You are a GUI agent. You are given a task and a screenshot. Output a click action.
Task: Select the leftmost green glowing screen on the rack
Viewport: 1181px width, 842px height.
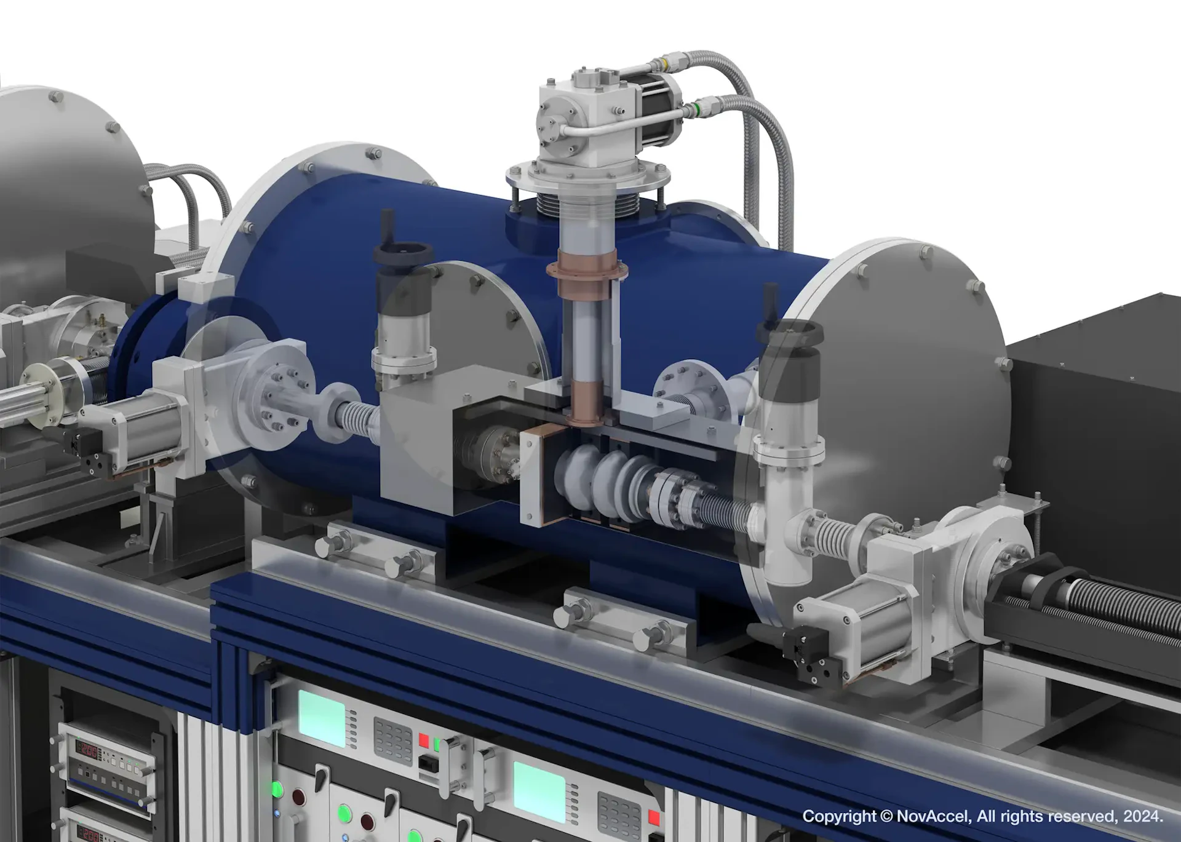321,718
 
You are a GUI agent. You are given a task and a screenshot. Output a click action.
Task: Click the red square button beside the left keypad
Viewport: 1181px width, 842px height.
424,739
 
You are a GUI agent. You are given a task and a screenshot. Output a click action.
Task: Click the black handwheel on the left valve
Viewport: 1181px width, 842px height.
403,252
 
